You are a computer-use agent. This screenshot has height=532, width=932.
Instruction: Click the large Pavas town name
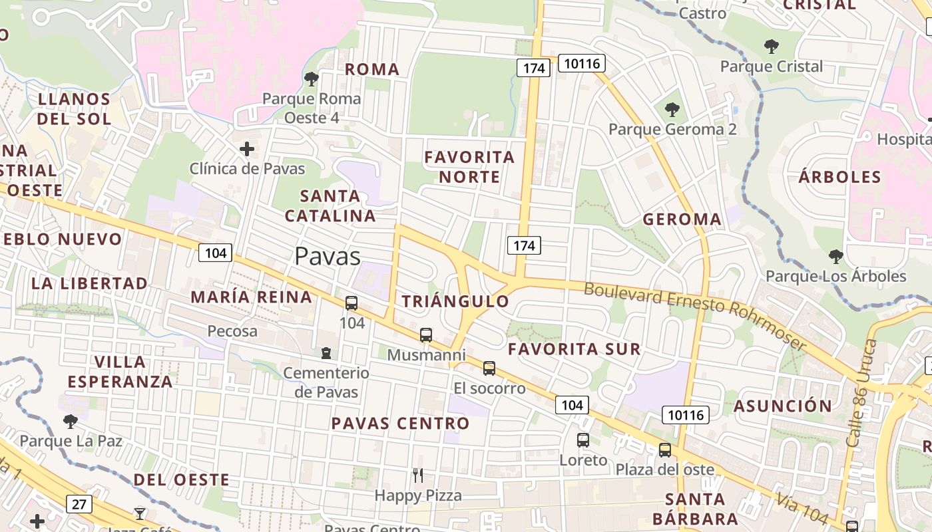click(x=328, y=256)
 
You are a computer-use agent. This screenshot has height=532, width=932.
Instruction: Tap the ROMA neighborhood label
click(x=372, y=69)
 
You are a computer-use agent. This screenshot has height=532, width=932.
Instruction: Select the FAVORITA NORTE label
click(x=469, y=167)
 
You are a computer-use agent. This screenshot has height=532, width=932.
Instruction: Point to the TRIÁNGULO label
click(x=455, y=301)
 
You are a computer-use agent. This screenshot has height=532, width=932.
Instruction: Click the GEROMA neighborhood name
click(x=682, y=219)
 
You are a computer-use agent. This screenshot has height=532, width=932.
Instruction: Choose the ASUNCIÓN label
click(x=783, y=406)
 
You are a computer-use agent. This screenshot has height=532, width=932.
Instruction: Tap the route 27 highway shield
click(x=79, y=504)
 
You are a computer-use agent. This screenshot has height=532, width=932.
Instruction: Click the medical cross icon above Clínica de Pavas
click(x=247, y=149)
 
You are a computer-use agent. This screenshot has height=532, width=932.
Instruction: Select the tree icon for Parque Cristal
click(x=772, y=47)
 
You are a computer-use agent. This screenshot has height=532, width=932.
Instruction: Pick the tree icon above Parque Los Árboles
click(x=836, y=256)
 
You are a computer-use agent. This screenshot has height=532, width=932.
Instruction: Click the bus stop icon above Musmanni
click(x=426, y=335)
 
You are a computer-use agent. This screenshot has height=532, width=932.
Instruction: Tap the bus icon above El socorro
click(x=489, y=368)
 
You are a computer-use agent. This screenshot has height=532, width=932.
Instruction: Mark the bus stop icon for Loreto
click(x=583, y=440)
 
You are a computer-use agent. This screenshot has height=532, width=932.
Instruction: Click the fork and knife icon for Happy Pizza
click(x=418, y=475)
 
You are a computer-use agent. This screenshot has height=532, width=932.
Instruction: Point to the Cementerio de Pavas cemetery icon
click(x=326, y=352)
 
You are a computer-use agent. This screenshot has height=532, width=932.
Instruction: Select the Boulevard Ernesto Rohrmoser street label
click(x=695, y=317)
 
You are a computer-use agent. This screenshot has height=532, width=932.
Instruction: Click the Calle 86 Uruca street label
click(x=862, y=392)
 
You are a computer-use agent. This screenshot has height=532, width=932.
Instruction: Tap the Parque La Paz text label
click(x=71, y=441)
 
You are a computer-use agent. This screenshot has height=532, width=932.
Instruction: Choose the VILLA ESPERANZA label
click(x=120, y=372)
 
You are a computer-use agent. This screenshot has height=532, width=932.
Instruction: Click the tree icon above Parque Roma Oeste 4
click(x=311, y=79)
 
